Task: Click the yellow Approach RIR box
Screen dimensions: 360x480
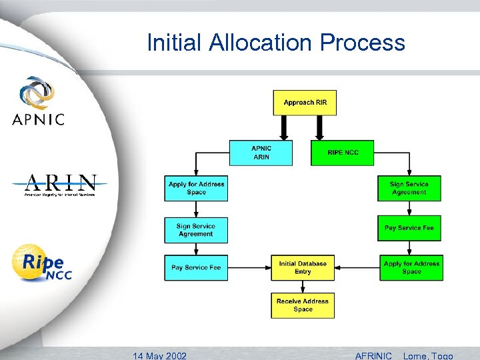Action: (x=305, y=103)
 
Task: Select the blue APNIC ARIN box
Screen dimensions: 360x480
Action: (x=261, y=153)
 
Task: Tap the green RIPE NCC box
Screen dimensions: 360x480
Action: (x=343, y=153)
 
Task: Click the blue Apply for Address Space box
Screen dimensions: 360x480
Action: (x=196, y=188)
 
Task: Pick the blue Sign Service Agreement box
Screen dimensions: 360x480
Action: (x=196, y=230)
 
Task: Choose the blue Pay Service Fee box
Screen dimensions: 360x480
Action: (x=196, y=267)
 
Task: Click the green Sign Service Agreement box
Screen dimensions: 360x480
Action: (x=409, y=188)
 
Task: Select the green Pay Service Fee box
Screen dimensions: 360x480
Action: (x=409, y=228)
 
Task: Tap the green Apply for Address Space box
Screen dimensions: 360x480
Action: (x=411, y=267)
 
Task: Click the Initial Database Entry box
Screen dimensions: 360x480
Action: (x=303, y=267)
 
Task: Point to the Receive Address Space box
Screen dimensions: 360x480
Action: (x=303, y=305)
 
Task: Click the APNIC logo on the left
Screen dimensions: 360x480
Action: (x=38, y=101)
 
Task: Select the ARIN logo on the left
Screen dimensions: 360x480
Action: (x=60, y=185)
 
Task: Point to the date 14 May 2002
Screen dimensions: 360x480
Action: (x=160, y=355)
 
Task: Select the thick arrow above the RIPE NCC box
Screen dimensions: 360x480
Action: (x=319, y=127)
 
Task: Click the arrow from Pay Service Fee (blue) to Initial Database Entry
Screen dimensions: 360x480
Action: (x=249, y=267)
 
